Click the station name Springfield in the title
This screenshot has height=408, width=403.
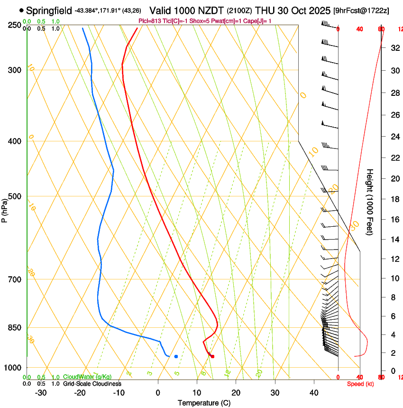49,10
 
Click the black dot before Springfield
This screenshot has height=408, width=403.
21,10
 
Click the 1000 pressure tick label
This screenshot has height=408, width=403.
12,368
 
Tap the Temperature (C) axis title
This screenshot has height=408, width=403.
204,403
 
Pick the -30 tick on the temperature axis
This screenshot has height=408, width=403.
41,392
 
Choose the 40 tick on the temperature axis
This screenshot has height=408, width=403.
314,392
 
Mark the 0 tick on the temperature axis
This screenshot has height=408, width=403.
158,392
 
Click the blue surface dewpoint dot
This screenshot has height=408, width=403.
176,356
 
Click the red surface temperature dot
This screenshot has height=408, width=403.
212,356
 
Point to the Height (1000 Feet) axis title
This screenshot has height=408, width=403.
370,202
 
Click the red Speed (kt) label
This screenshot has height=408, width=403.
360,384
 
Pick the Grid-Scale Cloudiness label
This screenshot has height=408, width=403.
92,383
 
